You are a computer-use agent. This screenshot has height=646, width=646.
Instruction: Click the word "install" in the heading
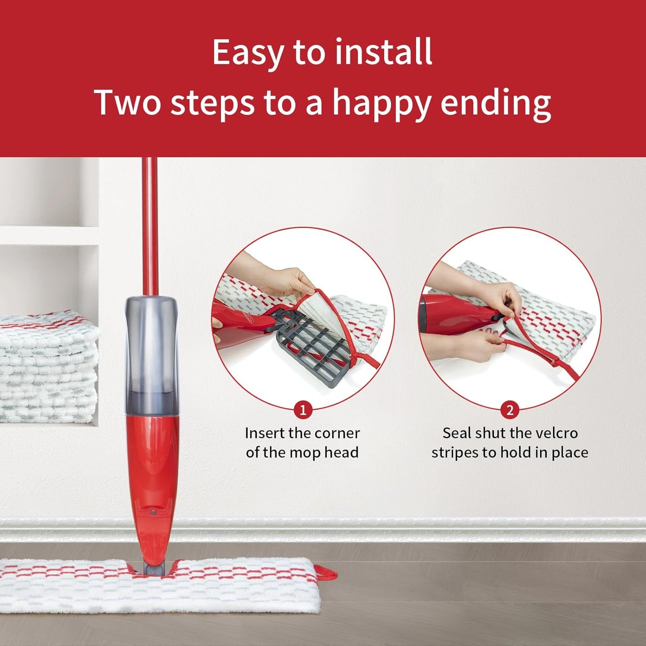(384, 52)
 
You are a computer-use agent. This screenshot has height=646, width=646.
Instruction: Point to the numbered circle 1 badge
(303, 410)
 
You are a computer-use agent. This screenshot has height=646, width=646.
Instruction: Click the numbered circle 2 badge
(510, 410)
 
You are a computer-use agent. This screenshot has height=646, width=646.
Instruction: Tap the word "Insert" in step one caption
(265, 433)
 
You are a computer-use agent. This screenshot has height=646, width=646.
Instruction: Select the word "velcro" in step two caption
(557, 433)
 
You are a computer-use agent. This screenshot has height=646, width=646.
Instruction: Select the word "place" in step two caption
(570, 452)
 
